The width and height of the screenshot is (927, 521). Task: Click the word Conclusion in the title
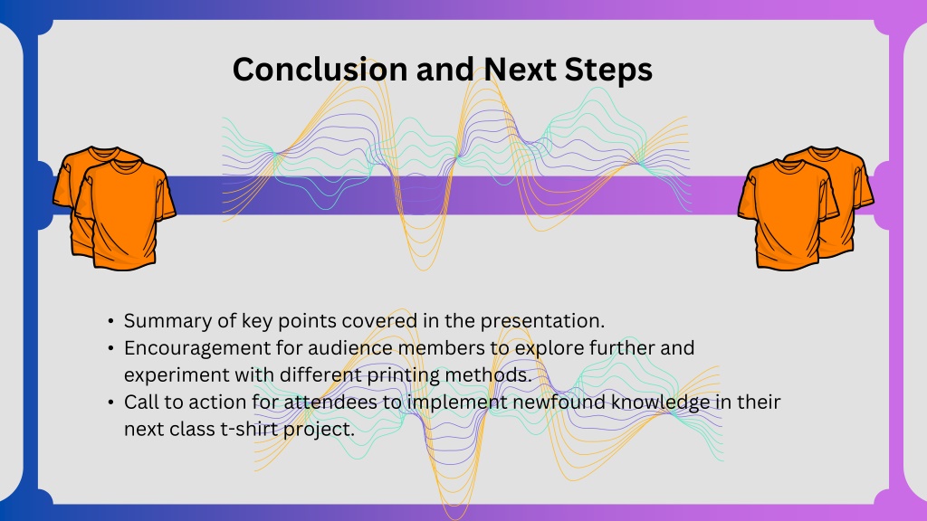[x=320, y=69]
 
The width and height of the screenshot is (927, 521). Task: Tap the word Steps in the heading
[x=608, y=71]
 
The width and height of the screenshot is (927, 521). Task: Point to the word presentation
[x=542, y=321]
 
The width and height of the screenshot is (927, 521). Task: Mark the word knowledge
[x=660, y=403]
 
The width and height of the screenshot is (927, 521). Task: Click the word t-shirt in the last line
[x=248, y=430]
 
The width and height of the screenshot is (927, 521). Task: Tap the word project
[x=319, y=430]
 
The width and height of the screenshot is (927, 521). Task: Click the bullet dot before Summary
[x=111, y=321]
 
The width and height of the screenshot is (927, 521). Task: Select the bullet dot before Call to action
[x=111, y=403]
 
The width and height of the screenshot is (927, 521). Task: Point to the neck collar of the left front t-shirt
[x=125, y=166]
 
